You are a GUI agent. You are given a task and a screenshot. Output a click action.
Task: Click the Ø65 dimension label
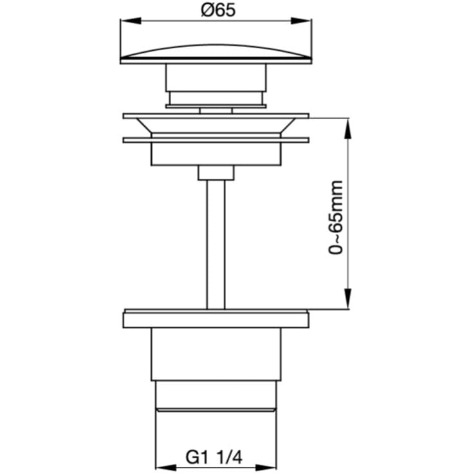tap(218, 10)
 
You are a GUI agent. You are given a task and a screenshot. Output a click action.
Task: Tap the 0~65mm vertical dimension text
tap(336, 218)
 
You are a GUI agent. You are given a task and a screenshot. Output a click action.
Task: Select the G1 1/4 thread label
tap(214, 458)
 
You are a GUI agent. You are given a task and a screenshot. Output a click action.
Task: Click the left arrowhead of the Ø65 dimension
tap(131, 21)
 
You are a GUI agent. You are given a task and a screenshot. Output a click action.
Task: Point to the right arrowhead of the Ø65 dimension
tap(301, 21)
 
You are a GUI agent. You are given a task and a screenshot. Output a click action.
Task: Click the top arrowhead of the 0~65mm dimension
tap(348, 129)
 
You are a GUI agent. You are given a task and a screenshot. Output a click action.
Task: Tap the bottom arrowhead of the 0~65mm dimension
tap(348, 299)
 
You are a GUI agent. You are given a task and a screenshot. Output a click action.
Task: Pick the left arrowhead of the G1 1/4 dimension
tap(166, 468)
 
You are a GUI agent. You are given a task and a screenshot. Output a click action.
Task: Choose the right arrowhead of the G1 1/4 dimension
tap(266, 468)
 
